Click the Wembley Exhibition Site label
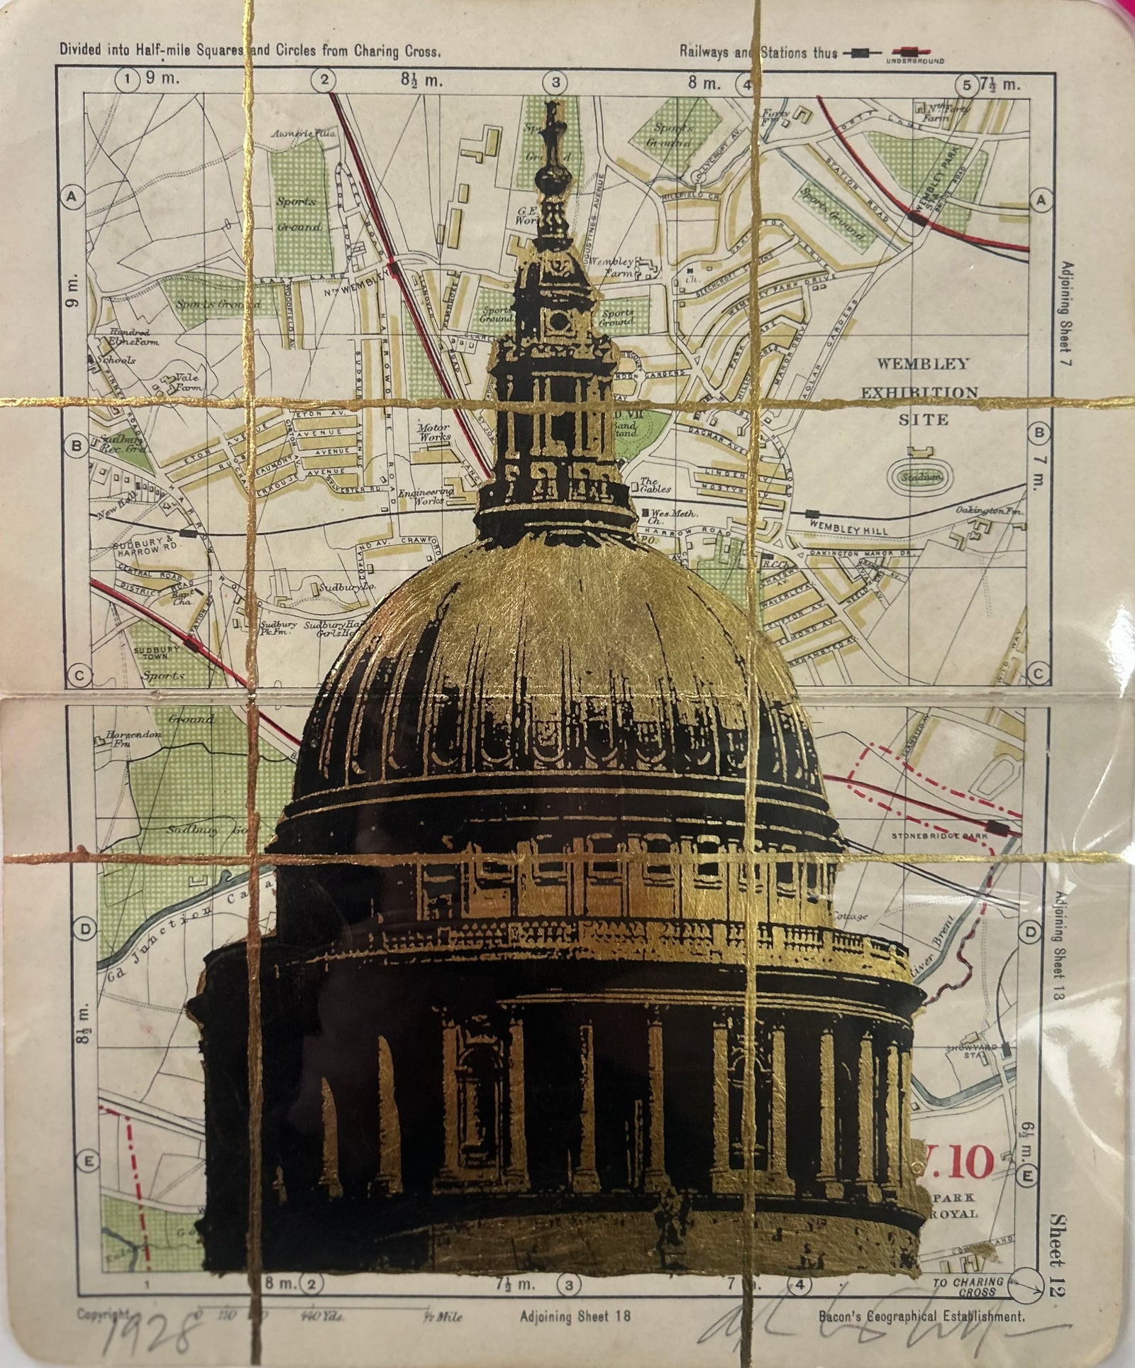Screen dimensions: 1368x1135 click(923, 391)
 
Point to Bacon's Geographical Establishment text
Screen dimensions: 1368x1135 click(921, 1316)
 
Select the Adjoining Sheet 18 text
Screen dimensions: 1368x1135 click(575, 1315)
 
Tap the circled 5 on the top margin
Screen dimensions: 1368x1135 click(965, 85)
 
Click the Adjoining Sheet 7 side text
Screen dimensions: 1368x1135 click(1063, 312)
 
